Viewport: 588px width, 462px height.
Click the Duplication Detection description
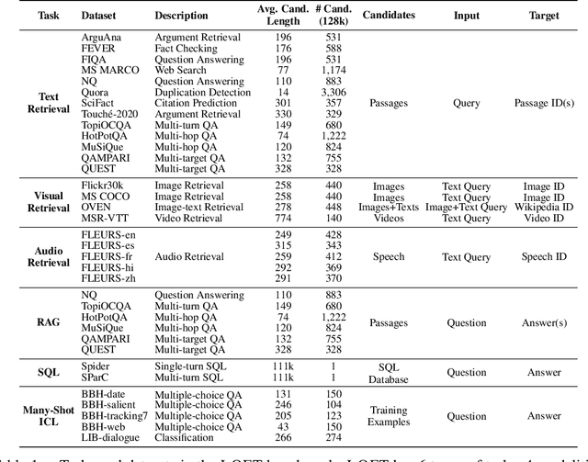pos(203,92)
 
